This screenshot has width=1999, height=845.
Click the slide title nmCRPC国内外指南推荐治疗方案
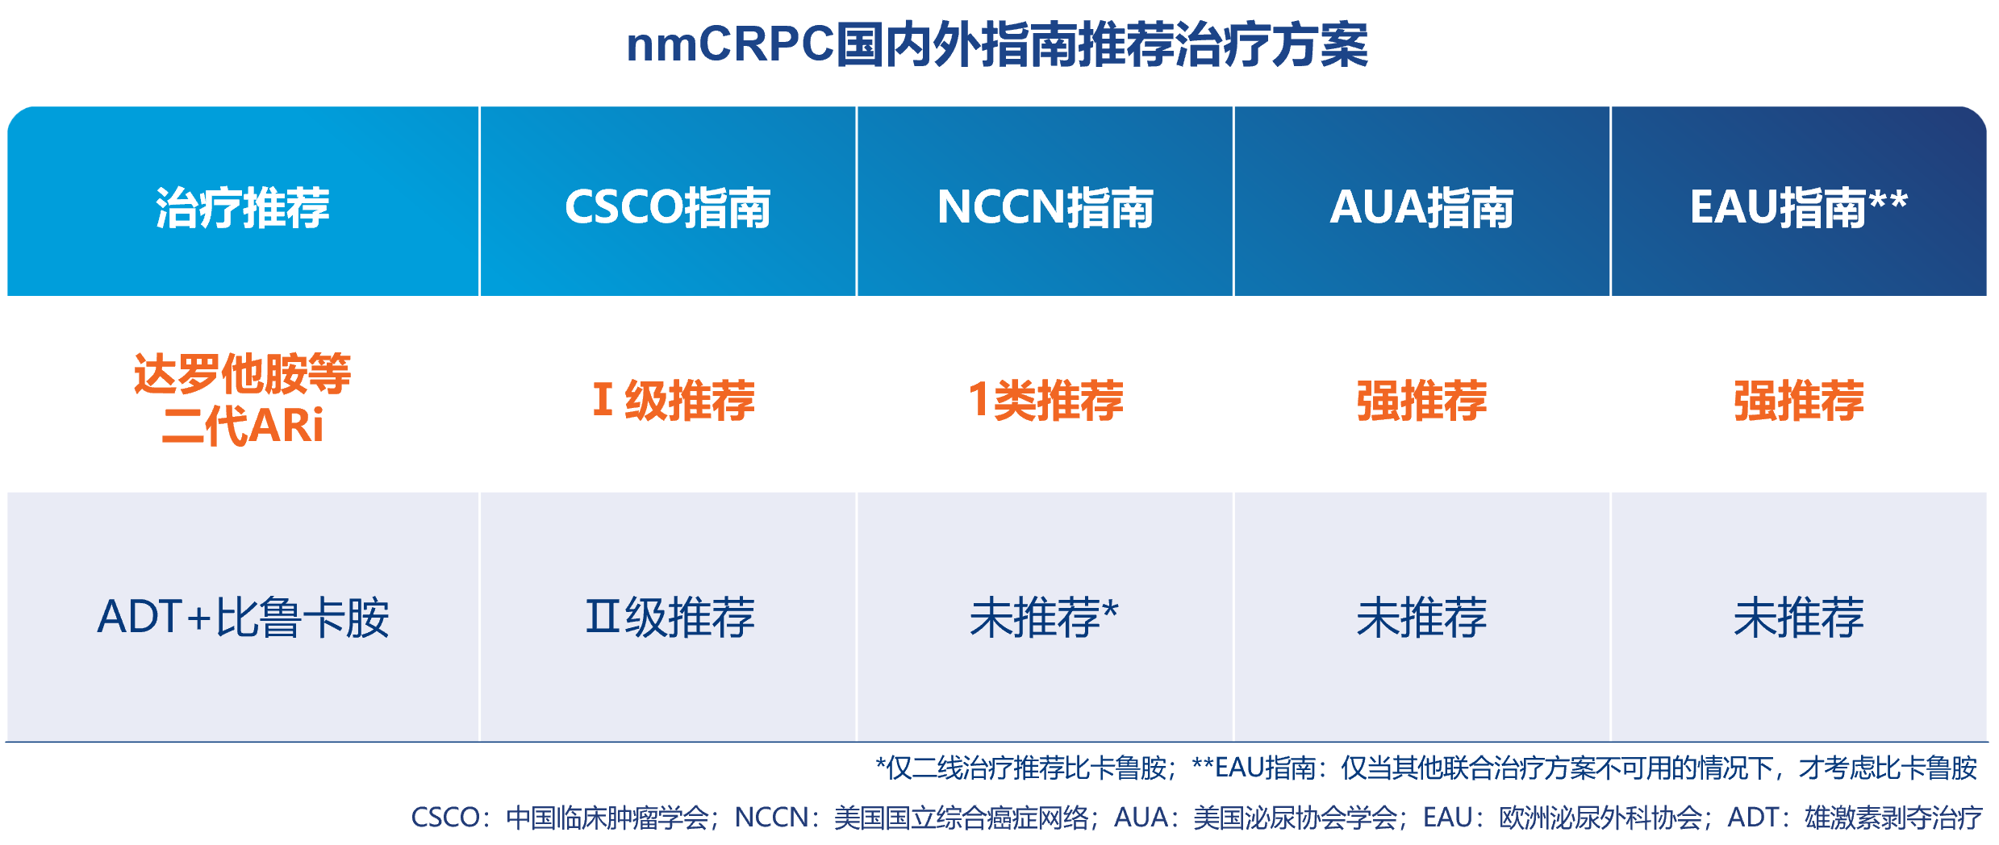997,44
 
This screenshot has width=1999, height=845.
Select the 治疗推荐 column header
243,207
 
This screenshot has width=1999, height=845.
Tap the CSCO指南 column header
668,207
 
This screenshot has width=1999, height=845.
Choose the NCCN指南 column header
1045,207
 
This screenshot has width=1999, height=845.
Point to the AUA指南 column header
1422,207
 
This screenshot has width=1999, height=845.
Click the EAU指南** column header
1799,207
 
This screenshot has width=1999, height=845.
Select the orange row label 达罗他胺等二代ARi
243,399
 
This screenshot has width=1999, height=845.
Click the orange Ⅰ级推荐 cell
674,400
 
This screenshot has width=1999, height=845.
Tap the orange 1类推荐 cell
1045,400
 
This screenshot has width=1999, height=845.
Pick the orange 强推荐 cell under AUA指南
1422,400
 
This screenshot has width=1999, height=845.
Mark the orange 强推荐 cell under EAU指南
1799,400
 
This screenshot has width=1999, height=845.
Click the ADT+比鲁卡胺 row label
243,618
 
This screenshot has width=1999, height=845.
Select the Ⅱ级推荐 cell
670,618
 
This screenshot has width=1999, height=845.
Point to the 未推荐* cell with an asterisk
1044,618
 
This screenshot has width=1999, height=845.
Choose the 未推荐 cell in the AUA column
1422,618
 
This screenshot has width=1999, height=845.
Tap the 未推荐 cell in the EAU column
1799,618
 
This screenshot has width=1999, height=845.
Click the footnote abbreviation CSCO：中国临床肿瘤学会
560,818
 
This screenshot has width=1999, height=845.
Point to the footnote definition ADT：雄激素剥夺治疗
1854,818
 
